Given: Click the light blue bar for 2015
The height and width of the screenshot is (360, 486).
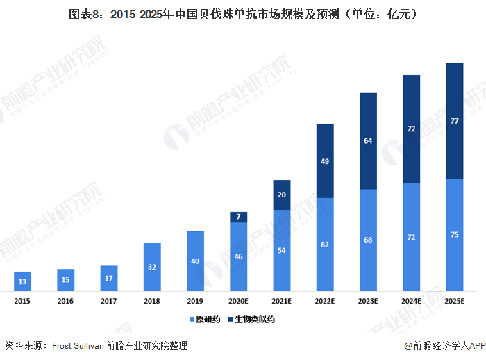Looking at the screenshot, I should (x=22, y=281).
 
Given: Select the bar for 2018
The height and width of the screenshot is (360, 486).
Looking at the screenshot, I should (x=152, y=267).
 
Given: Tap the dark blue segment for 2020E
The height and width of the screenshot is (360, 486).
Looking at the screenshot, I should (x=239, y=218).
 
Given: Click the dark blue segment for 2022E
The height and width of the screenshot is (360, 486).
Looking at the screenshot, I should (x=325, y=161).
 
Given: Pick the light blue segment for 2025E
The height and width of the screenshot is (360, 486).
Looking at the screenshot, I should (x=454, y=235).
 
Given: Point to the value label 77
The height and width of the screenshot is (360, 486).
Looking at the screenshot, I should (x=454, y=121).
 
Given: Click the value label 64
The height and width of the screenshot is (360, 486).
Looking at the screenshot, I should (x=368, y=141).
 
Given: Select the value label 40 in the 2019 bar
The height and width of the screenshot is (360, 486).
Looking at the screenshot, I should (x=195, y=261).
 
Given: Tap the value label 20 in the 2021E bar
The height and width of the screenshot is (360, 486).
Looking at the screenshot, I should (x=282, y=195).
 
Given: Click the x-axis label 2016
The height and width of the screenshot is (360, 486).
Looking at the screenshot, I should (x=65, y=301).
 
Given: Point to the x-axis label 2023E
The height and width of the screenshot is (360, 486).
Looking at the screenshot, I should (x=368, y=301).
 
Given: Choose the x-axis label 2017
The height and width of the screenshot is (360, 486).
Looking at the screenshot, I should (x=109, y=301).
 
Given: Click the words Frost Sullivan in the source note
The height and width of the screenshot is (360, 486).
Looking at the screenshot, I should (x=77, y=345).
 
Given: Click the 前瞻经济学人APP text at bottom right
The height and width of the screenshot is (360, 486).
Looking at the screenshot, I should (x=444, y=345).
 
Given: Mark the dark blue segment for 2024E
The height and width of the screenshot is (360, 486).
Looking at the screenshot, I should (x=411, y=129).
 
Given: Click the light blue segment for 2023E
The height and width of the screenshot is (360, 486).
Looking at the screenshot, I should (x=368, y=240).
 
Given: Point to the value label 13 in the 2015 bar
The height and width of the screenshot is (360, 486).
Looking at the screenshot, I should (x=22, y=281).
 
